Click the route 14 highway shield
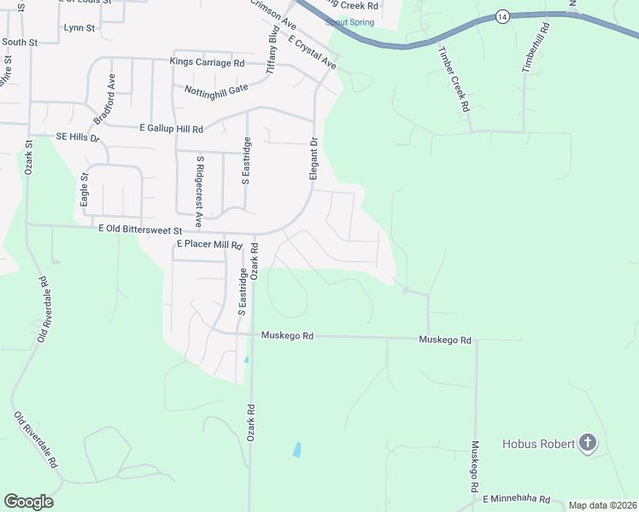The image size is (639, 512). coord(502,16)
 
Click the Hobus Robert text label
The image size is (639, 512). coord(538,443)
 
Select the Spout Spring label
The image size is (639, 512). coord(349,22)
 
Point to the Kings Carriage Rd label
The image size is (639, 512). coord(207,62)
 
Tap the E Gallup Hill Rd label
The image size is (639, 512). coord(171,129)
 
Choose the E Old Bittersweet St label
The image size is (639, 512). coord(140,230)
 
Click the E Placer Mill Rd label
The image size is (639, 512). coord(209,245)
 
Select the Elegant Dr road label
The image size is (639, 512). coord(314,159)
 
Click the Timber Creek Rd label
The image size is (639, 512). coord(453,79)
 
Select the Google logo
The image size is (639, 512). coord(28,501)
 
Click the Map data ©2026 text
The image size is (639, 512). coord(602,505)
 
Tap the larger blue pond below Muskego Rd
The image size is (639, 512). coord(296,449)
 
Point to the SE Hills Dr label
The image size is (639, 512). coord(78,137)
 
